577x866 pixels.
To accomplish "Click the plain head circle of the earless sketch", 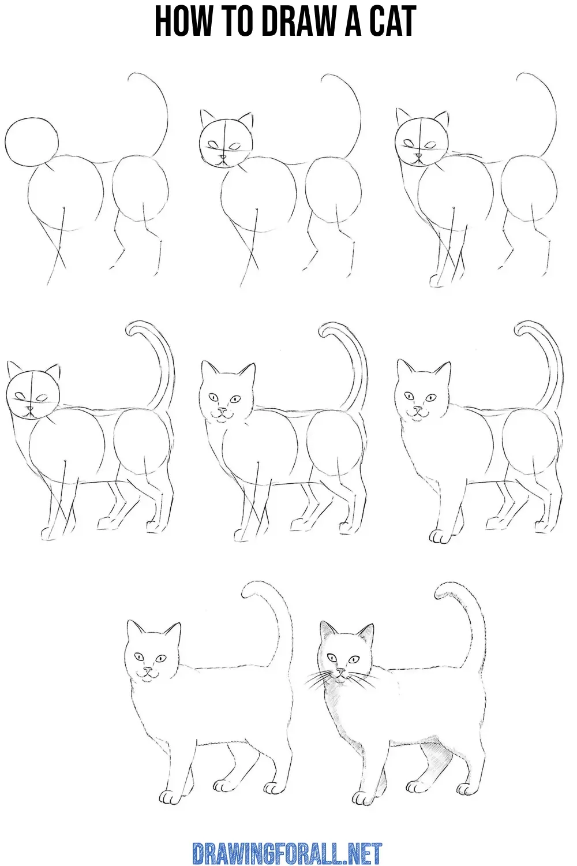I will (31, 140).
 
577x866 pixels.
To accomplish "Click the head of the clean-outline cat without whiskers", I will (151, 658).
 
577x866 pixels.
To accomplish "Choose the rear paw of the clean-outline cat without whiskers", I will (271, 789).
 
